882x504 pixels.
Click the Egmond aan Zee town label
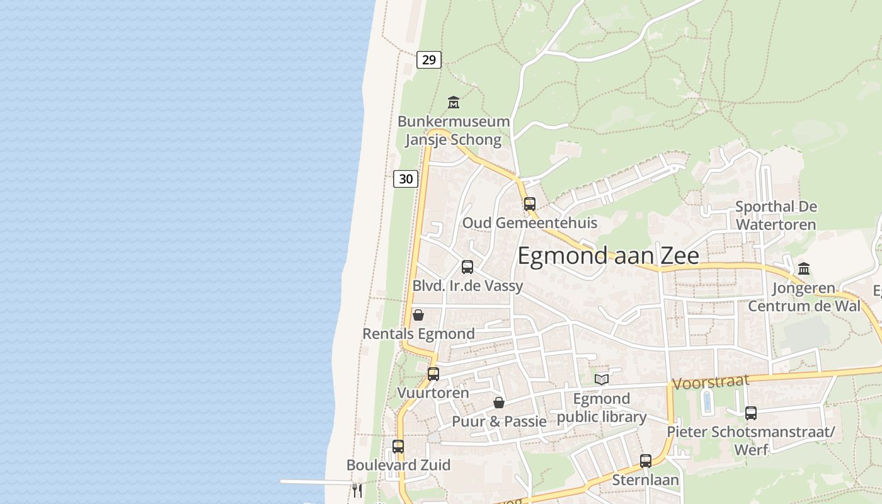[608, 256]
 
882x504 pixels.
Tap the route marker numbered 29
[428, 60]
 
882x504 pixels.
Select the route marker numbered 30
[406, 179]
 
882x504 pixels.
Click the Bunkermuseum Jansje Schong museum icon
[453, 102]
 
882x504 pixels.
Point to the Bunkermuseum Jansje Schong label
[453, 130]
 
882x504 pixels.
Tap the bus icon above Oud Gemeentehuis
[530, 203]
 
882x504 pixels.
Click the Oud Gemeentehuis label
[529, 222]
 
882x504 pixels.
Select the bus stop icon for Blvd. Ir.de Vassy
[467, 266]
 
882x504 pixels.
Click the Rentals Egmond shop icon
[418, 315]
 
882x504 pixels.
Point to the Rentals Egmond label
[418, 333]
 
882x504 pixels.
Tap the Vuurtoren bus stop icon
[433, 374]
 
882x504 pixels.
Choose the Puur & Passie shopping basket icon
[498, 403]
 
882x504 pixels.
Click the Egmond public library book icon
[602, 379]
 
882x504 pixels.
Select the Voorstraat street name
[711, 381]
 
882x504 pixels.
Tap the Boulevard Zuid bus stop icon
[398, 446]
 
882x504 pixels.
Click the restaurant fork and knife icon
[357, 490]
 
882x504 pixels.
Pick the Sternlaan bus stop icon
[646, 461]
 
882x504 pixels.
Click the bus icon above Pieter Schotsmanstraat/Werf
[750, 413]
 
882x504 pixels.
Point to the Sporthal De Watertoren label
[776, 215]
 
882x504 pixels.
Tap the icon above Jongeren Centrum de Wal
[803, 269]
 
